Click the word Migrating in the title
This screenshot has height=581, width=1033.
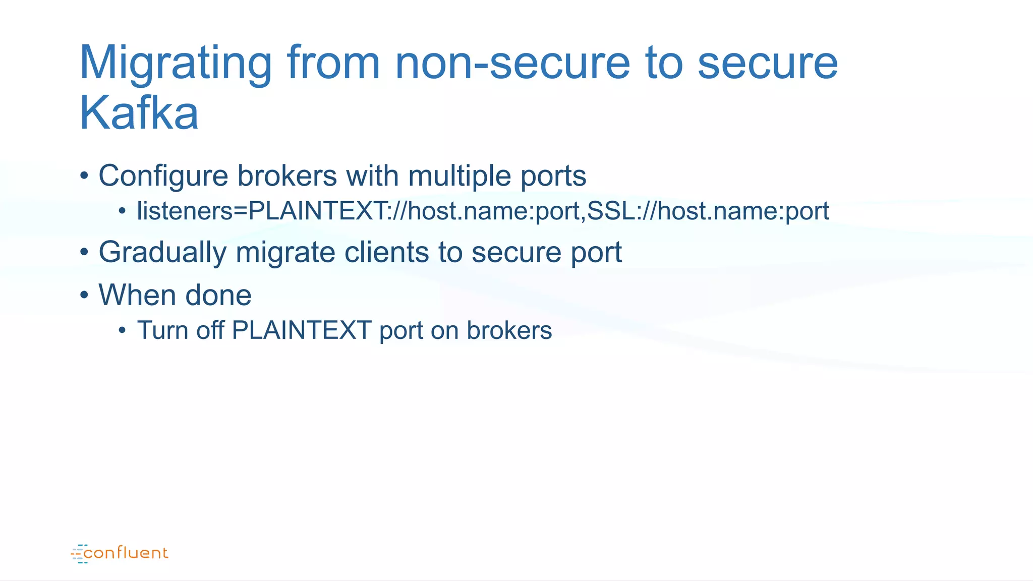coord(176,64)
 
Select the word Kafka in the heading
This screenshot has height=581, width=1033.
coord(139,113)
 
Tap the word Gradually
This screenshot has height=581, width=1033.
coord(162,252)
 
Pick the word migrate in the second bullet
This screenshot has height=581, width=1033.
coord(285,252)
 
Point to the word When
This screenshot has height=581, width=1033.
coord(137,295)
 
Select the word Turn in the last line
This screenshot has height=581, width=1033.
coord(162,331)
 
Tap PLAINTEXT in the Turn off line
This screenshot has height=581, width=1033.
coord(301,331)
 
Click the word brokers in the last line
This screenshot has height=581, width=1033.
coord(509,331)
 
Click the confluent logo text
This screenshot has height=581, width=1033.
coord(126,553)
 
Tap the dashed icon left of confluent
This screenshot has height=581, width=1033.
coord(79,554)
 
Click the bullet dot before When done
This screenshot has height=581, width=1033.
coord(84,295)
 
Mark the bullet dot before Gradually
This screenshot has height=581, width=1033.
coord(84,251)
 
